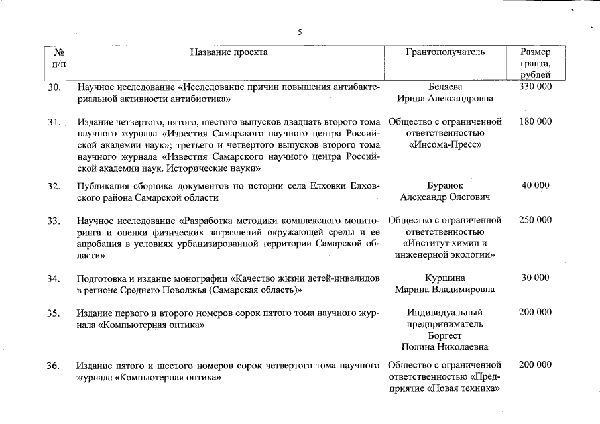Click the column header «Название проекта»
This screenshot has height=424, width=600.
point(229,52)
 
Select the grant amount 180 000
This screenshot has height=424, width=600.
point(535,122)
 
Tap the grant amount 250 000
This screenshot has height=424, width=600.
point(535,220)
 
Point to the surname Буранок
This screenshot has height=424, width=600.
point(445,185)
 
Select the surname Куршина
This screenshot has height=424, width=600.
point(445,278)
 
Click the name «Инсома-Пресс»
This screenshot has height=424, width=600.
point(445,144)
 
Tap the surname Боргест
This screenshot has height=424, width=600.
point(445,335)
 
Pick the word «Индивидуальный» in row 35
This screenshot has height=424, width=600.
point(445,312)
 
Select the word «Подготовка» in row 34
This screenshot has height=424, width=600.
point(103,278)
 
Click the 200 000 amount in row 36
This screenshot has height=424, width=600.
point(535,365)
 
